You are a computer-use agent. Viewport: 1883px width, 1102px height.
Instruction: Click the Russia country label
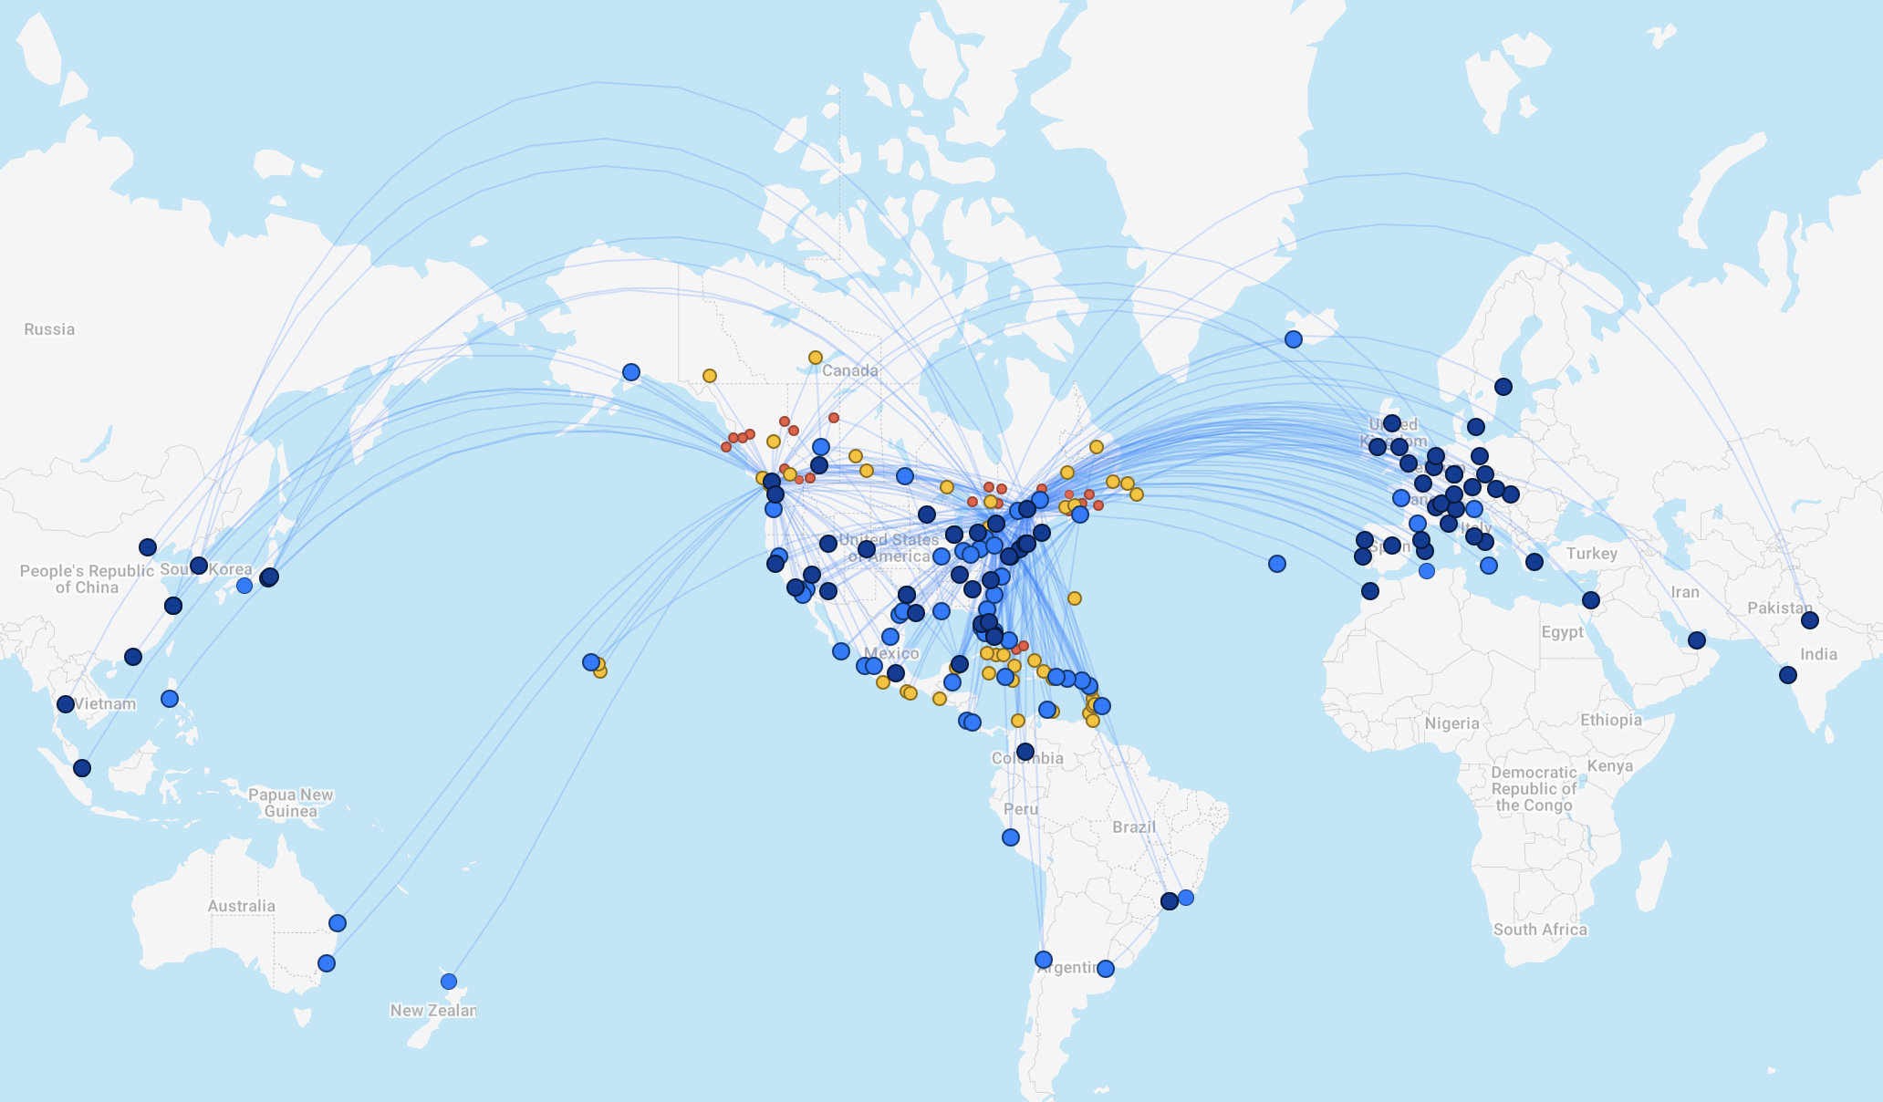click(49, 329)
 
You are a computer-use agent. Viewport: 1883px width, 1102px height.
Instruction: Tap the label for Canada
click(849, 370)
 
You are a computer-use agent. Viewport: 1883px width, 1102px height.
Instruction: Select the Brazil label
click(1134, 826)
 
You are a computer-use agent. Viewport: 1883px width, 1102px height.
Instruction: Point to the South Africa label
click(1540, 930)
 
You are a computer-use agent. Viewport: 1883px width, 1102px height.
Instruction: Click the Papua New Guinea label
click(291, 803)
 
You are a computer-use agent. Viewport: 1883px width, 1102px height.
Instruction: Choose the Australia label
click(241, 906)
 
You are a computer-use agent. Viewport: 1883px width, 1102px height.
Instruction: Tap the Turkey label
click(1591, 554)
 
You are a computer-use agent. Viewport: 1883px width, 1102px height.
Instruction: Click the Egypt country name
click(1562, 632)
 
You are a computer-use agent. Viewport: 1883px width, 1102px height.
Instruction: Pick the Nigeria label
click(1451, 723)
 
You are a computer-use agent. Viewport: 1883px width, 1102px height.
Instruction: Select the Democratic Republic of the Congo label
click(1534, 789)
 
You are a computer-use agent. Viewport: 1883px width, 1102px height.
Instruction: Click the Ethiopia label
click(1611, 720)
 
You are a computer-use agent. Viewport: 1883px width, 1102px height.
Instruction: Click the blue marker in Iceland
click(1293, 339)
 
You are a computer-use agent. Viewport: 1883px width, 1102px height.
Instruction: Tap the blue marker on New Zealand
click(448, 982)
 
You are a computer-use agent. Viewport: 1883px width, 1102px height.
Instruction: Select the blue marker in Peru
click(1010, 837)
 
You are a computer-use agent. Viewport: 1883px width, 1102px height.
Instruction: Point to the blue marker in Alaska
click(630, 372)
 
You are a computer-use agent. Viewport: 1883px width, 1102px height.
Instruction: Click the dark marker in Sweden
click(1503, 387)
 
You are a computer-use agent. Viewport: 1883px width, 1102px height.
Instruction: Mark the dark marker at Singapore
click(82, 768)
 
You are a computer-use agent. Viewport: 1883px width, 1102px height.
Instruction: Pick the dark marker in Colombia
click(1025, 752)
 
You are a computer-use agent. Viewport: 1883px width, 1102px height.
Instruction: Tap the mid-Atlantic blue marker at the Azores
click(1276, 564)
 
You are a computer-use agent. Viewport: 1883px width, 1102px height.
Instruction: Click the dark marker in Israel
click(1590, 600)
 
